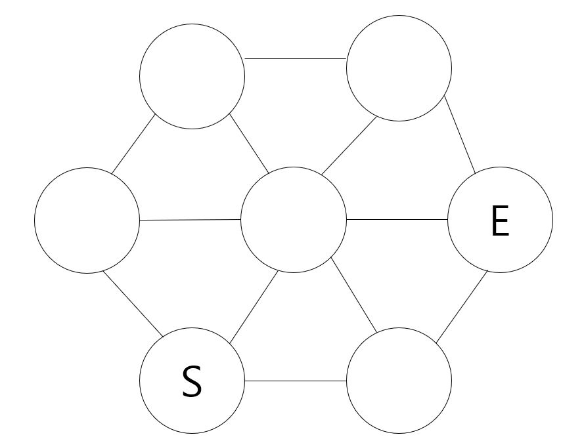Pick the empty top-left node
[192, 77]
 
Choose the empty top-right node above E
[399, 68]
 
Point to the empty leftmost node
[87, 220]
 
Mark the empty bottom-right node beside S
[399, 381]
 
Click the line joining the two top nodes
[296, 58]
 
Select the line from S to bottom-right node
[296, 381]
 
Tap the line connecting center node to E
[397, 220]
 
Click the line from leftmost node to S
[132, 303]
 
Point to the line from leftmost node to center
[191, 220]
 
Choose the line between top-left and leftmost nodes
[133, 144]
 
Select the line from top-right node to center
[348, 146]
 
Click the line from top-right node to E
[460, 135]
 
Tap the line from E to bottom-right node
[461, 306]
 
